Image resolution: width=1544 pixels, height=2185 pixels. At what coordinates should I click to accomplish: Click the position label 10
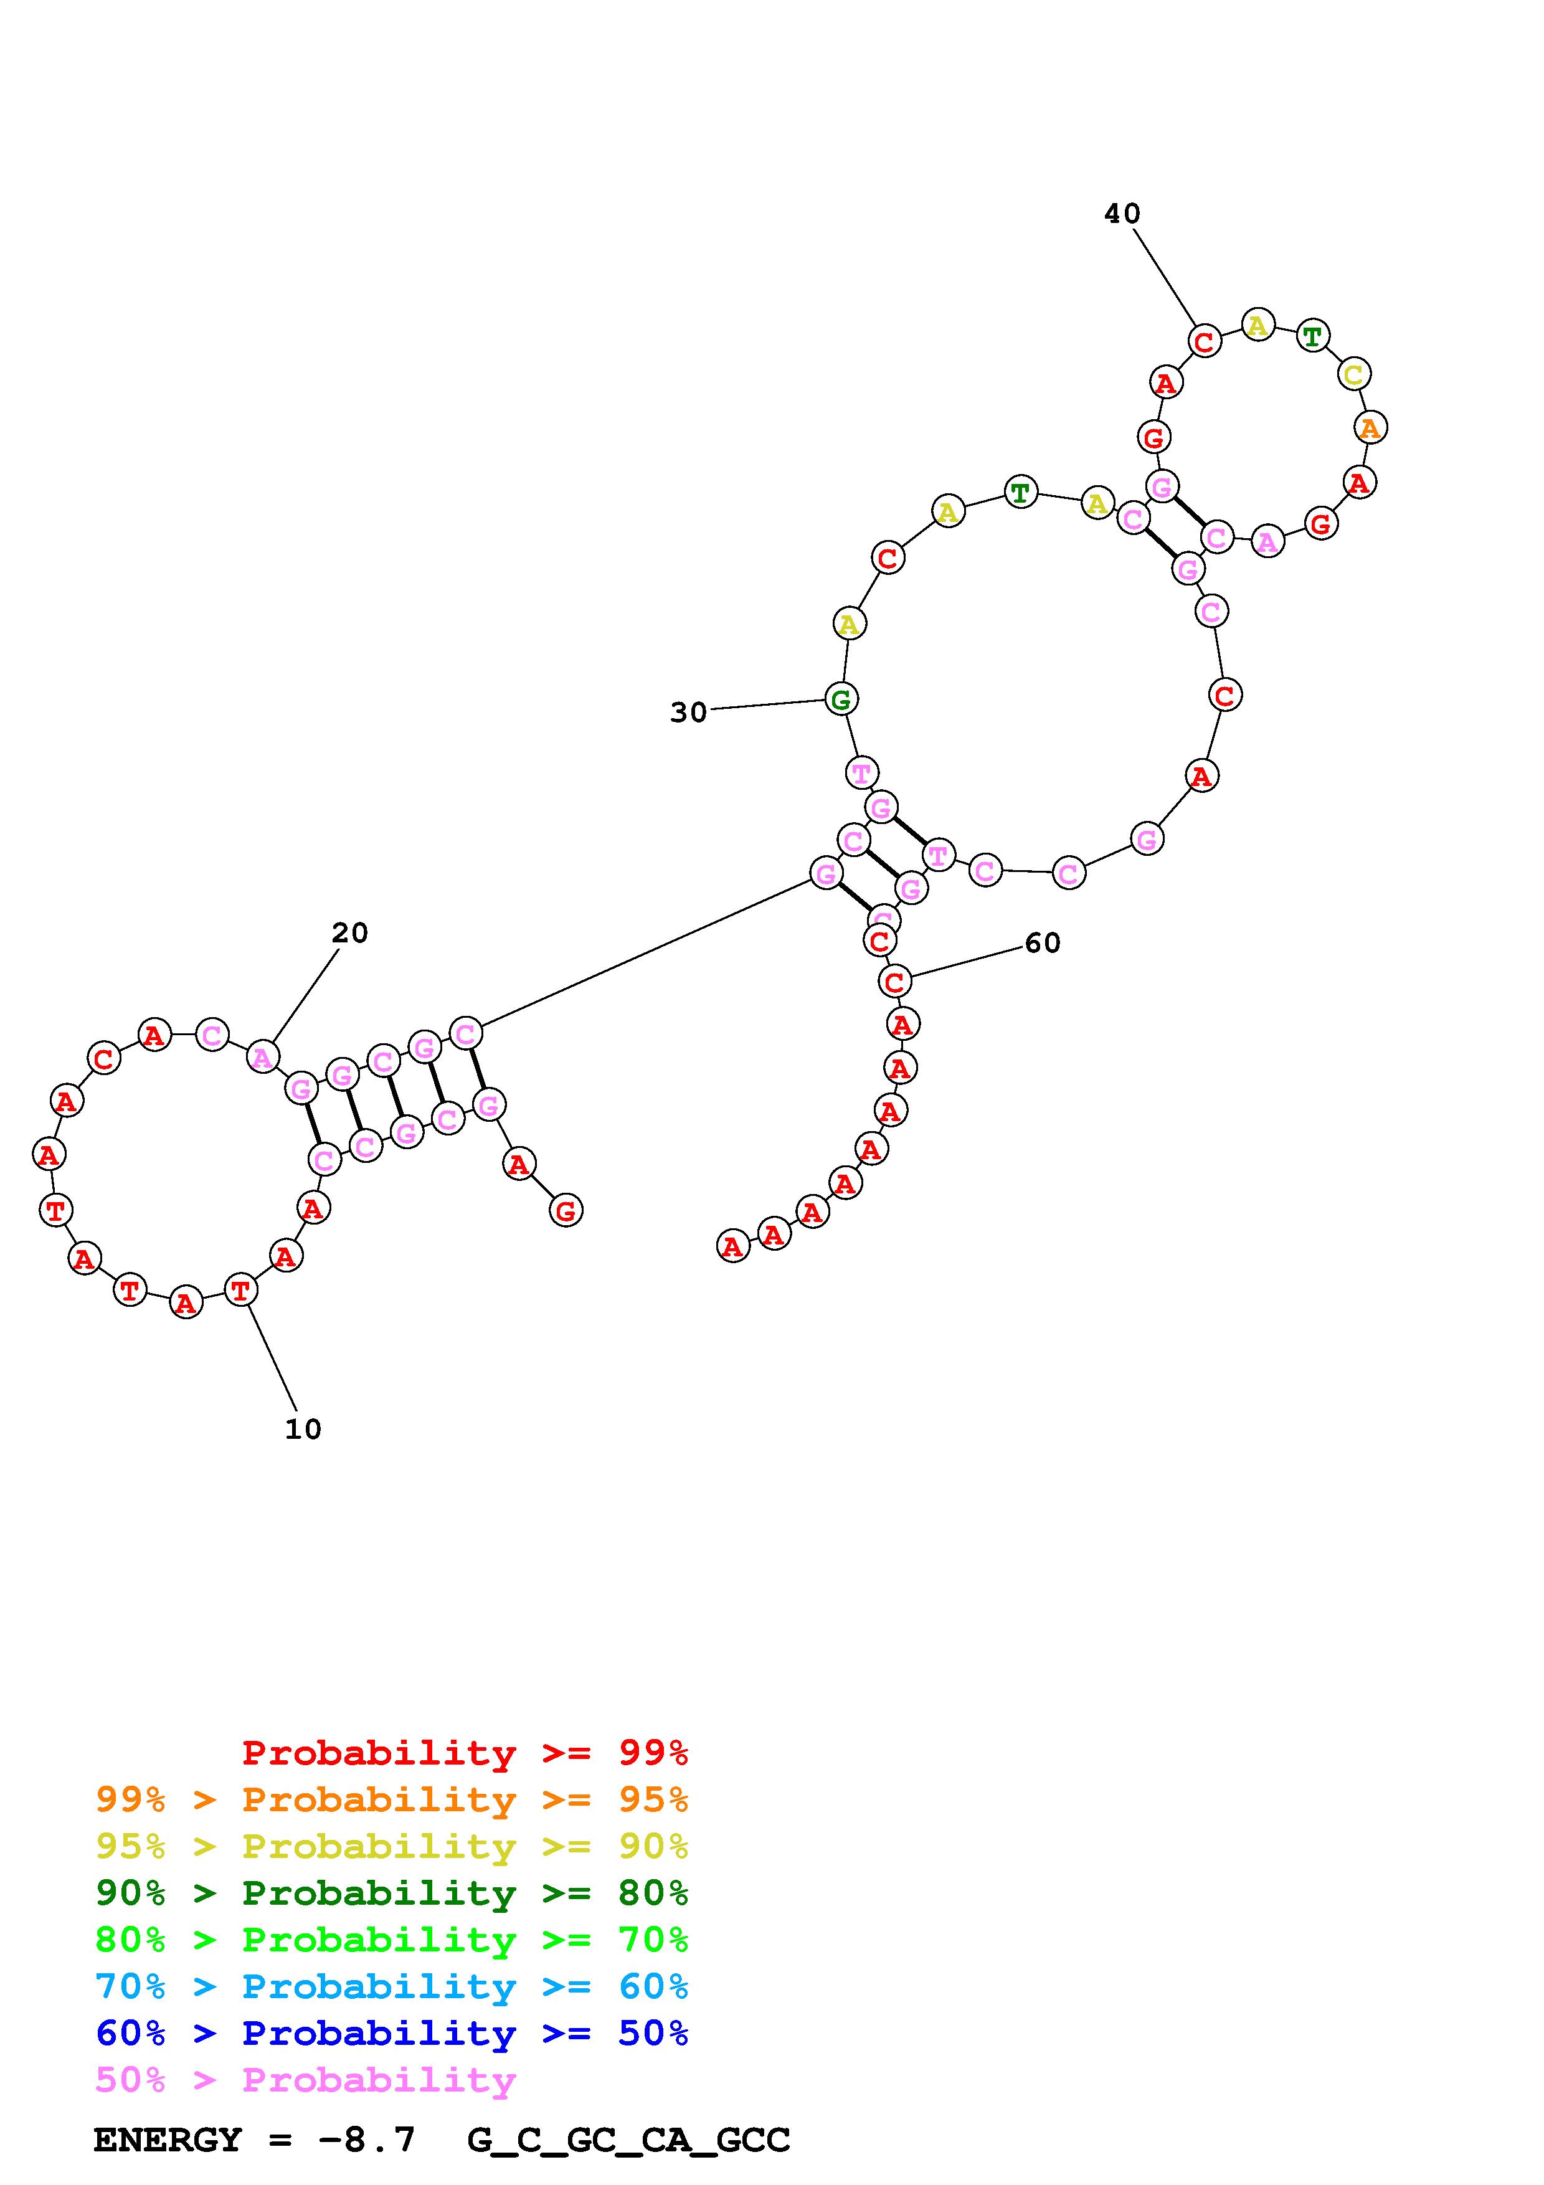point(303,1429)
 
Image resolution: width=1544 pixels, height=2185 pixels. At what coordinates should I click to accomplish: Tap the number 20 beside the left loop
point(349,932)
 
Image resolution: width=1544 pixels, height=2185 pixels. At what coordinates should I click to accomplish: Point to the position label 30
point(689,712)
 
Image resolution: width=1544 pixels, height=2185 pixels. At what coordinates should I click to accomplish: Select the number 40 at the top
point(1122,213)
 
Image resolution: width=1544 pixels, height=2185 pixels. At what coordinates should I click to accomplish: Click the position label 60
point(1043,942)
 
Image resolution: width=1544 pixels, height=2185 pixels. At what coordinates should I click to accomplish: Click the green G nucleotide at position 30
point(841,699)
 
